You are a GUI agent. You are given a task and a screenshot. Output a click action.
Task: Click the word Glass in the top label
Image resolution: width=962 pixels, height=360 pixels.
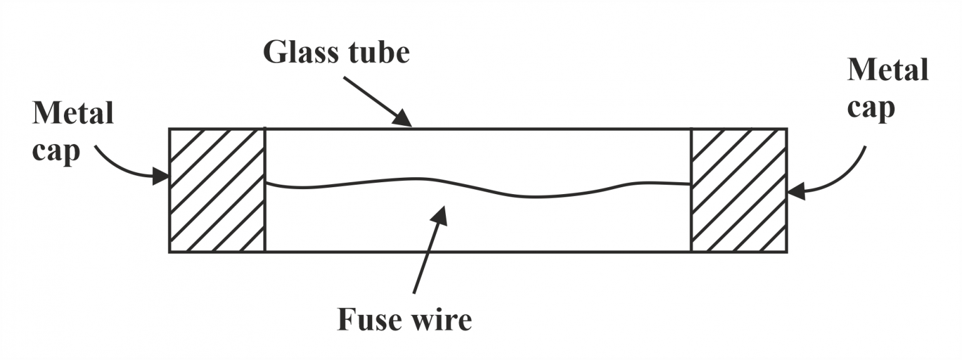click(x=300, y=53)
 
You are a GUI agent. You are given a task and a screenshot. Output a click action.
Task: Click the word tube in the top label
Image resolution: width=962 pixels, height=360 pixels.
click(x=377, y=53)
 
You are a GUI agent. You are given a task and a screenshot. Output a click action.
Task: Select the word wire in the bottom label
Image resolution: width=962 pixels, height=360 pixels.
click(x=442, y=320)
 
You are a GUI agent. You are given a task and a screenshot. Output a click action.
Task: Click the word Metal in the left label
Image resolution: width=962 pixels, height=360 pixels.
click(x=73, y=115)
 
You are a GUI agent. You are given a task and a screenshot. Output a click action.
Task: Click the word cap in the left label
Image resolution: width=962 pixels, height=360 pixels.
click(x=57, y=152)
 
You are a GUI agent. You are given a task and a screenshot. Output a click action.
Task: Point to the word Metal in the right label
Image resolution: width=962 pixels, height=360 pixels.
click(x=887, y=70)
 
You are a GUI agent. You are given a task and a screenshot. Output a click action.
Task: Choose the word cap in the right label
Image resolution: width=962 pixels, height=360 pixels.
click(x=871, y=108)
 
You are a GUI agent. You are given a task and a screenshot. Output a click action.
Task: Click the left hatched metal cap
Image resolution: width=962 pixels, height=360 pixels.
click(x=217, y=190)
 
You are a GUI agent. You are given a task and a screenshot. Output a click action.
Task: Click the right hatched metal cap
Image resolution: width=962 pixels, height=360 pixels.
click(x=738, y=190)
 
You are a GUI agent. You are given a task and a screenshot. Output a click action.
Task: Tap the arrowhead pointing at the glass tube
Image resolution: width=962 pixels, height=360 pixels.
click(x=403, y=120)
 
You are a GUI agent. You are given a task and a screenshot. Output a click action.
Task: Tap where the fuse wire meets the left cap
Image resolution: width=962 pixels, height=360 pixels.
click(x=266, y=182)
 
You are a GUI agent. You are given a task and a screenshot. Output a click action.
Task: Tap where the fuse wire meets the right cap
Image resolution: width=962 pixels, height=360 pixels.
click(x=690, y=184)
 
